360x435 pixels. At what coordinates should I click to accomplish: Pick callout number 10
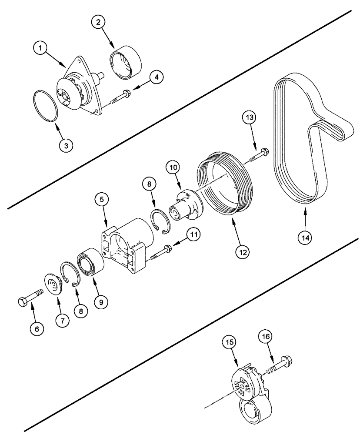click(x=173, y=167)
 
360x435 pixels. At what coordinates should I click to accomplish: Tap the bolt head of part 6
click(x=24, y=301)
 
